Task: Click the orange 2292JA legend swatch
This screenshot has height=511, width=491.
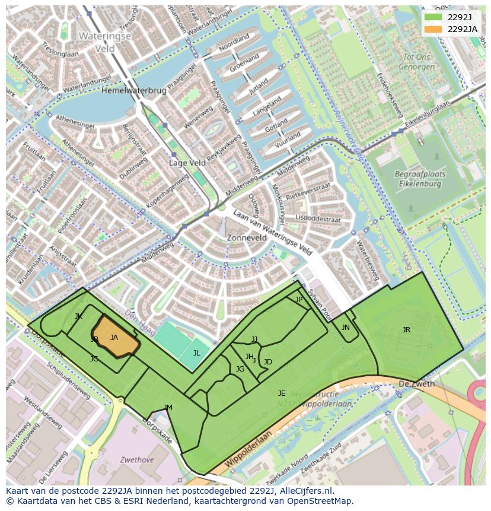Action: click(433, 29)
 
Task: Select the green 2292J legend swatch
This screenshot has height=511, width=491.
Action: click(433, 17)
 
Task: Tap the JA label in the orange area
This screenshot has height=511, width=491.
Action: click(114, 338)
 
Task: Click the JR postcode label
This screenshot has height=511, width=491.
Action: click(406, 330)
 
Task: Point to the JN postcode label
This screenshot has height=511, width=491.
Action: click(346, 327)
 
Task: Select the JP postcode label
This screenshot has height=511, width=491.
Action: click(299, 300)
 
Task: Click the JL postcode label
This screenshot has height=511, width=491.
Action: click(196, 353)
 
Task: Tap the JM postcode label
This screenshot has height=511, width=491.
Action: click(168, 407)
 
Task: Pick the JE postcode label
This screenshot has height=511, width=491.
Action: click(282, 393)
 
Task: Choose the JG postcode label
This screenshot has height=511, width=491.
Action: click(240, 369)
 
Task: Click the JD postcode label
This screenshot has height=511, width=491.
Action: click(267, 362)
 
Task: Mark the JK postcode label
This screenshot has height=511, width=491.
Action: click(78, 316)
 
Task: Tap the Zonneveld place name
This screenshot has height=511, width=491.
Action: click(247, 237)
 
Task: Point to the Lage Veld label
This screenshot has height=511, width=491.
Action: click(187, 163)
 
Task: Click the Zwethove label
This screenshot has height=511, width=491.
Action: click(137, 459)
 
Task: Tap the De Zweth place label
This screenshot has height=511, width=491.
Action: click(416, 384)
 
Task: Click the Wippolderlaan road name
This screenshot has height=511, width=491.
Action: click(248, 450)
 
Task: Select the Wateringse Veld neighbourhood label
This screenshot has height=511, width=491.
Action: click(105, 42)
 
